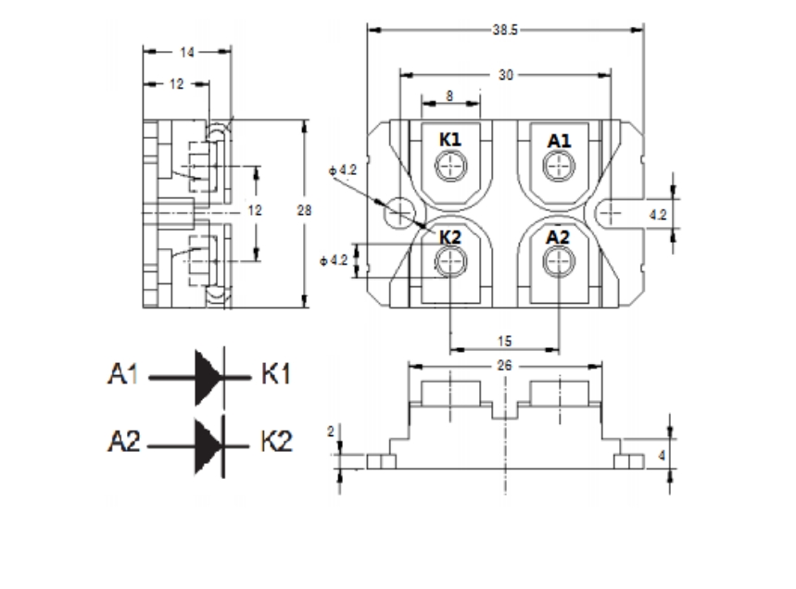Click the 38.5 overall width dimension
point(505,30)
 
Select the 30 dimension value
point(505,75)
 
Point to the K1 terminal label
point(451,139)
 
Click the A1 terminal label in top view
point(560,140)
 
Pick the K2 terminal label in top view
point(451,236)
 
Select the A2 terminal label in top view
point(559,237)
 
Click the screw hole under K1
point(451,166)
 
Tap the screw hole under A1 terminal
point(560,166)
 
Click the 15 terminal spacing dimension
point(504,341)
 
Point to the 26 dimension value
point(504,366)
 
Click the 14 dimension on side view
point(186,53)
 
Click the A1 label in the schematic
point(125,376)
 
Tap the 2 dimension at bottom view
point(331,432)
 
